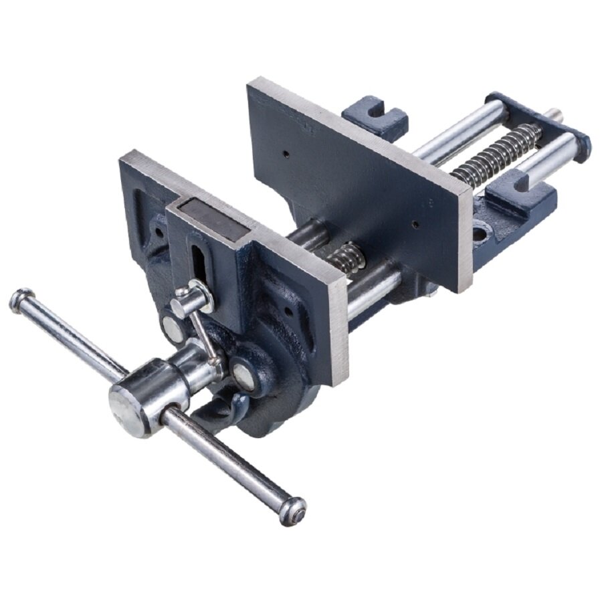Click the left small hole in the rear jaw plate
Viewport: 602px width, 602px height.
coord(286,154)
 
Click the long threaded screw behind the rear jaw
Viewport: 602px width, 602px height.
coord(498,154)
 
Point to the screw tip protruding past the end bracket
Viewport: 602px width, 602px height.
coord(555,115)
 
